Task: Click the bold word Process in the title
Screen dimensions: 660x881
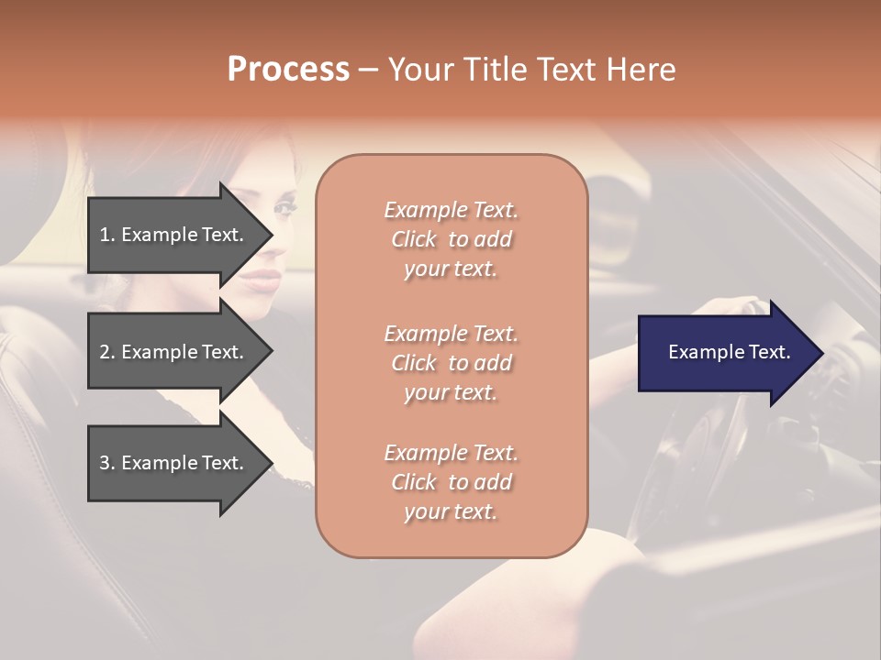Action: pyautogui.click(x=288, y=70)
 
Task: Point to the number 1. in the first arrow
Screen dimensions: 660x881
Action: pyautogui.click(x=107, y=235)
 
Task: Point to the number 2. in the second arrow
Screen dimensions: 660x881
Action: pyautogui.click(x=107, y=352)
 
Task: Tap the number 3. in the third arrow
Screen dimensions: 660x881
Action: pyautogui.click(x=107, y=463)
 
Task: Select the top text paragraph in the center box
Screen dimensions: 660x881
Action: pyautogui.click(x=451, y=239)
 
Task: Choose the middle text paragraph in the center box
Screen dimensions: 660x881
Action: pyautogui.click(x=451, y=363)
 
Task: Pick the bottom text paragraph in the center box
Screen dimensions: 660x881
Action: pyautogui.click(x=451, y=482)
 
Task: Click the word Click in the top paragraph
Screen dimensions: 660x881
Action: pyautogui.click(x=414, y=239)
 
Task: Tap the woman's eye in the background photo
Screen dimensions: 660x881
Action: pyautogui.click(x=285, y=208)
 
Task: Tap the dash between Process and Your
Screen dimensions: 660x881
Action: pyautogui.click(x=367, y=70)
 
